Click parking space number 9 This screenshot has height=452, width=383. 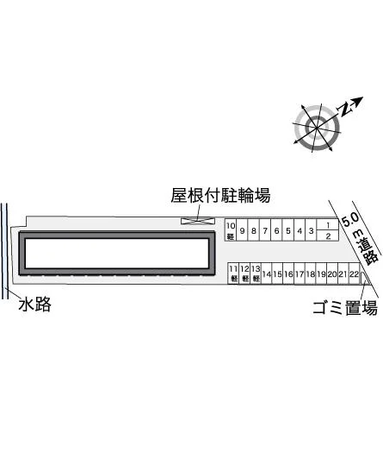242,230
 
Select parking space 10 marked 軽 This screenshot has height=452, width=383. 231,230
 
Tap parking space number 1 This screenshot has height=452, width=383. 328,224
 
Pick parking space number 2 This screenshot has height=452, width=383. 328,235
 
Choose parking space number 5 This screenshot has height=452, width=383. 287,230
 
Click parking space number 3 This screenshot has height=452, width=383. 311,230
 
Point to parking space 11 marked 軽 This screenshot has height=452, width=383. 233,273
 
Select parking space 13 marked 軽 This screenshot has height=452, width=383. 256,273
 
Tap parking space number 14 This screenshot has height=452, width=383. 267,273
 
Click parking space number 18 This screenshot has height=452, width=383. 311,273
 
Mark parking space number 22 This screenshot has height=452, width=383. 355,273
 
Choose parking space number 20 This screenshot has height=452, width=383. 332,273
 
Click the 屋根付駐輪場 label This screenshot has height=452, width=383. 220,196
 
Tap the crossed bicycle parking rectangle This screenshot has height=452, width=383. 198,221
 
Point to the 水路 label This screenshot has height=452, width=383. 34,304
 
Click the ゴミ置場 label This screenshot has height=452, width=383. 345,308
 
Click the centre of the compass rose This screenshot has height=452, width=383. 317,128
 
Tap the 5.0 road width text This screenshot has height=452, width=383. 350,220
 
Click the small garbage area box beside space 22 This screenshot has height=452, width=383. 364,278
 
